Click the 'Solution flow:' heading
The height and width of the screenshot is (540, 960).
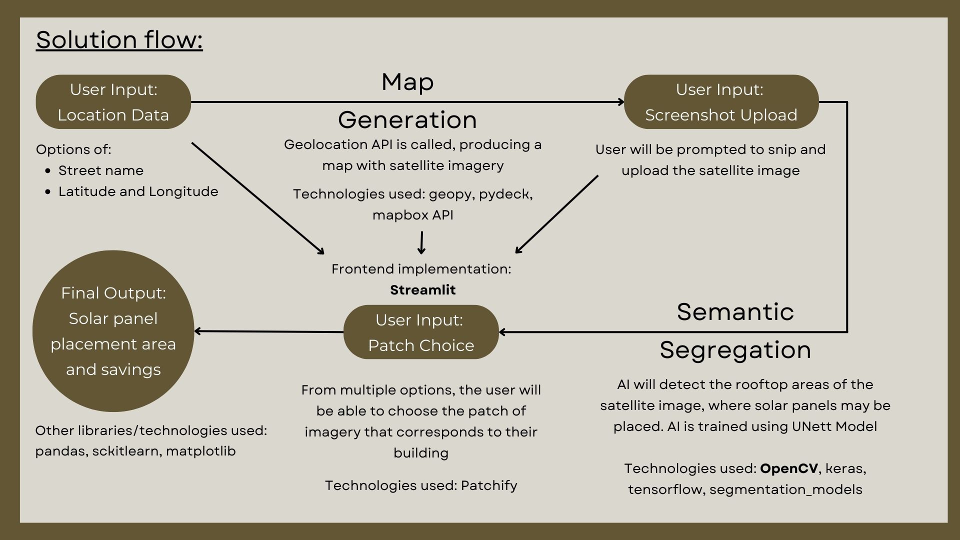point(119,40)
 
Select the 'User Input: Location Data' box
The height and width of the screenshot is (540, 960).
point(113,102)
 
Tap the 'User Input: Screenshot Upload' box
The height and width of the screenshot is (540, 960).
point(721,102)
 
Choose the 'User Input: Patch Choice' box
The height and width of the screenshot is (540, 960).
point(421,332)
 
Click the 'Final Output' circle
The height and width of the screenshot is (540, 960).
point(113,331)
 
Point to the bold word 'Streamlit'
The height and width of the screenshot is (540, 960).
point(422,290)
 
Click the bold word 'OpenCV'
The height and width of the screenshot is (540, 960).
point(788,468)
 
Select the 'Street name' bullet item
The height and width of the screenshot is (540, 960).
point(100,170)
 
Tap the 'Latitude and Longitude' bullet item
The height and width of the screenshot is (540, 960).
point(138,191)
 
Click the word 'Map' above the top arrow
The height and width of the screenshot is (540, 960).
point(407,82)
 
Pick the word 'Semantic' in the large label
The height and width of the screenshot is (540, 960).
point(735,312)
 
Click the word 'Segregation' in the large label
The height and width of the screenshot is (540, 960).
point(735,350)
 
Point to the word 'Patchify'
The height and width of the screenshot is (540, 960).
point(489,485)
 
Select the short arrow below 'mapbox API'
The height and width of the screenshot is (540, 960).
point(421,242)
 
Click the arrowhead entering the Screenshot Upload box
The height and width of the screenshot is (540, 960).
point(621,102)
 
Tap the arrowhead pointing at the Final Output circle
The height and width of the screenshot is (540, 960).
point(198,331)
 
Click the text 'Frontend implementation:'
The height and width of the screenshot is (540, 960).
point(421,269)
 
